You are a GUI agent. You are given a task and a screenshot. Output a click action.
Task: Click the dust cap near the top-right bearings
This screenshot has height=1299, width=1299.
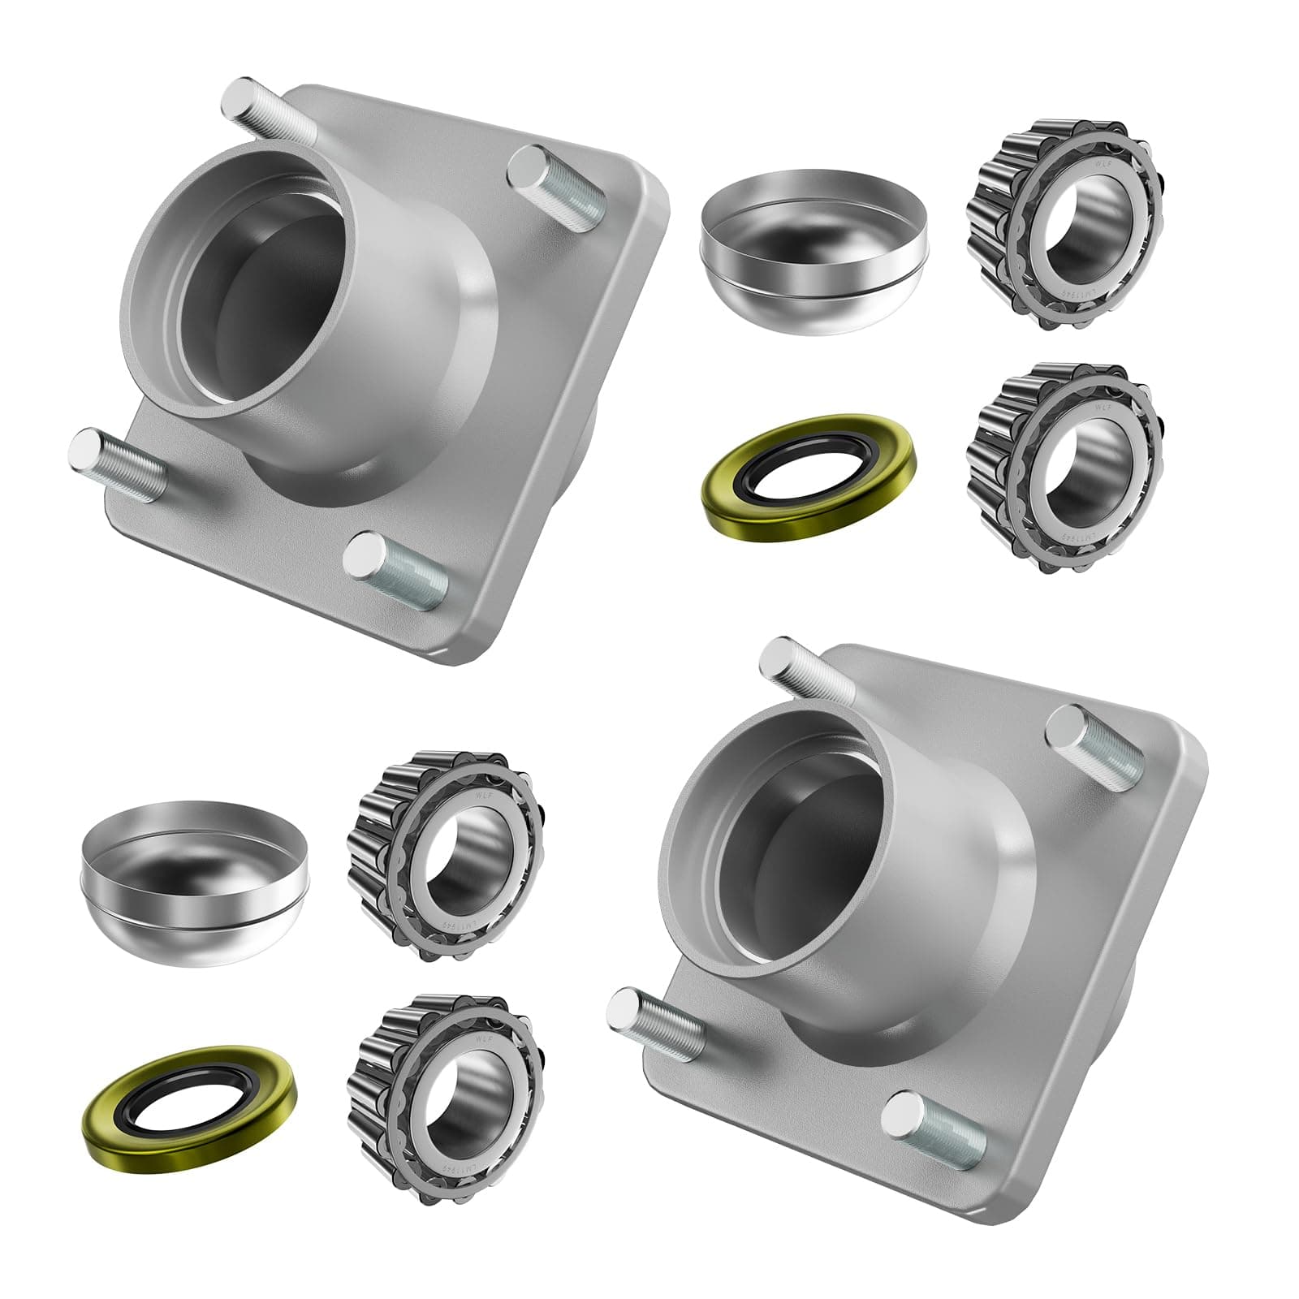coord(812,244)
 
